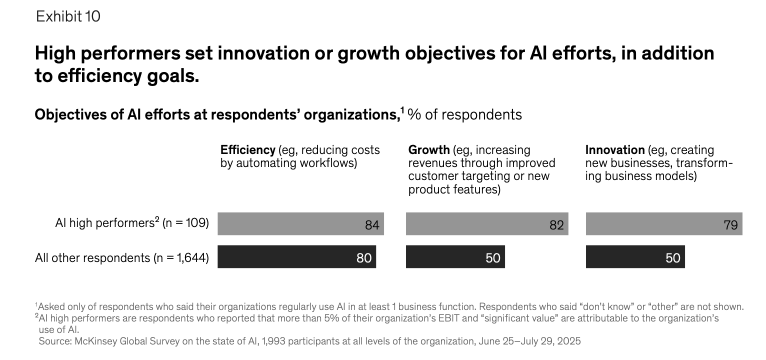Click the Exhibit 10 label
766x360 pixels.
pyautogui.click(x=68, y=16)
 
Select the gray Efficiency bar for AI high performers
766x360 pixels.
pyautogui.click(x=300, y=223)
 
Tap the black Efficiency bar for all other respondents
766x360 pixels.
pyautogui.click(x=296, y=257)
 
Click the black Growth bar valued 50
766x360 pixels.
pyautogui.click(x=454, y=257)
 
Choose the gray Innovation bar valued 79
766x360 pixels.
pyautogui.click(x=663, y=223)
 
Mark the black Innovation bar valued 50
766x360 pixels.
pyautogui.click(x=634, y=257)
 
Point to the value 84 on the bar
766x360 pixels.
pyautogui.click(x=372, y=225)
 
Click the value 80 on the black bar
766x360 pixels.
pyautogui.click(x=363, y=258)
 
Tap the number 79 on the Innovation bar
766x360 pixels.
pyautogui.click(x=730, y=225)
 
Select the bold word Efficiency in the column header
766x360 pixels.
pyautogui.click(x=247, y=150)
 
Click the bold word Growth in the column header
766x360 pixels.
pyautogui.click(x=428, y=150)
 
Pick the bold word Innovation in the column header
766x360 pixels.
pyautogui.click(x=614, y=150)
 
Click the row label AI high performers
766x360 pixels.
pyautogui.click(x=103, y=223)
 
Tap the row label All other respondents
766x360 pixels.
pyautogui.click(x=91, y=258)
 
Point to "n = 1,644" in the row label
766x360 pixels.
pyautogui.click(x=182, y=258)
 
